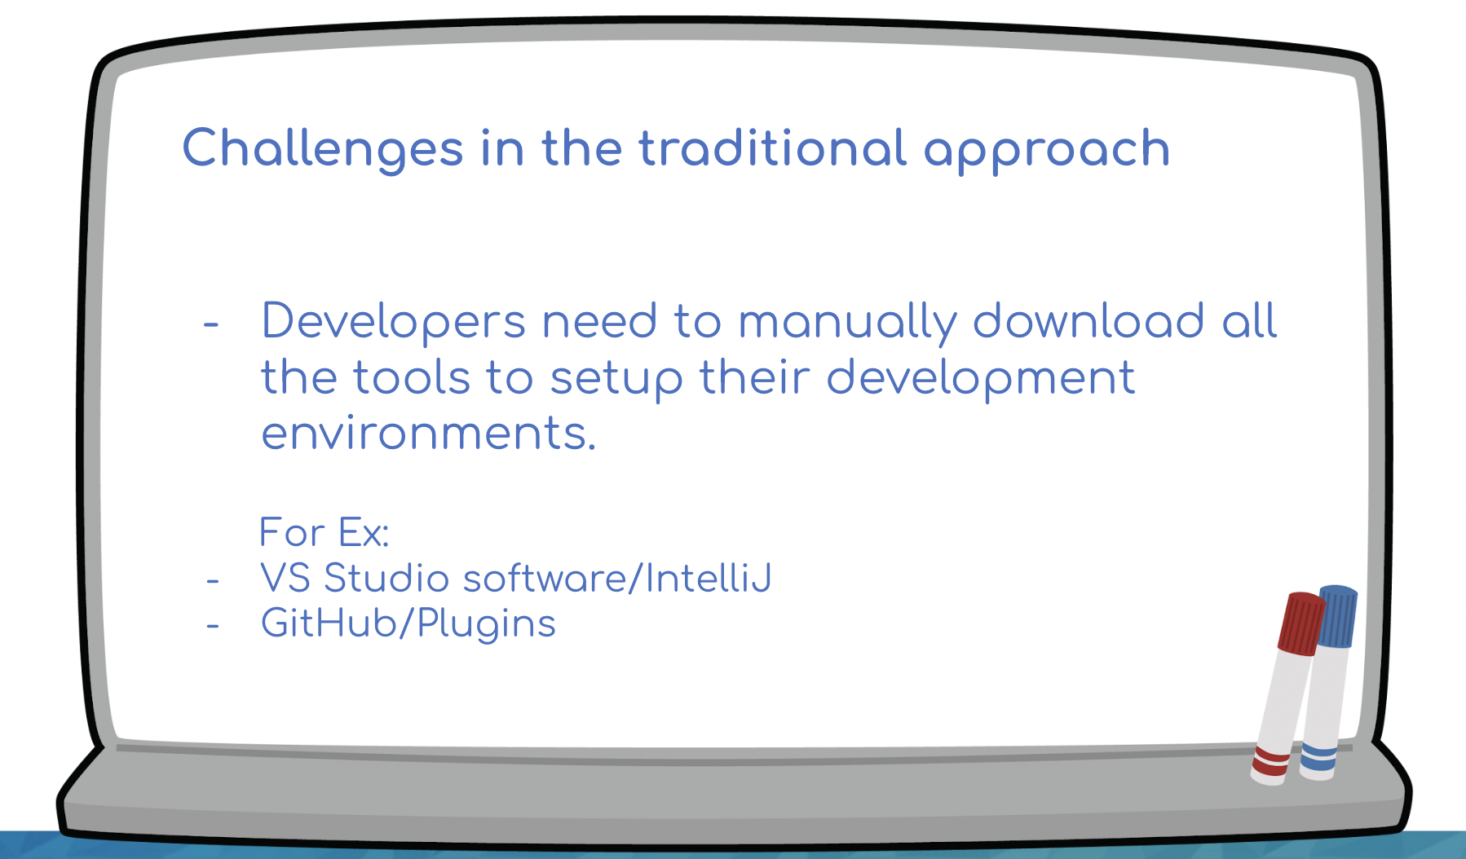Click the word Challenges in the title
(323, 149)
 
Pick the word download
(1088, 320)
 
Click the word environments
(429, 434)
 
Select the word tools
(412, 377)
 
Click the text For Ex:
(324, 533)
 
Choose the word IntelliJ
(708, 579)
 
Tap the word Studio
(386, 579)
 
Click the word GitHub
(329, 623)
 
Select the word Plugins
(486, 626)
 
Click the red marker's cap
(1301, 623)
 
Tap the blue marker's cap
(1337, 616)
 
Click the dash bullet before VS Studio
(213, 581)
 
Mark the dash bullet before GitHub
(213, 626)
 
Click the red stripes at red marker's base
(1270, 762)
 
